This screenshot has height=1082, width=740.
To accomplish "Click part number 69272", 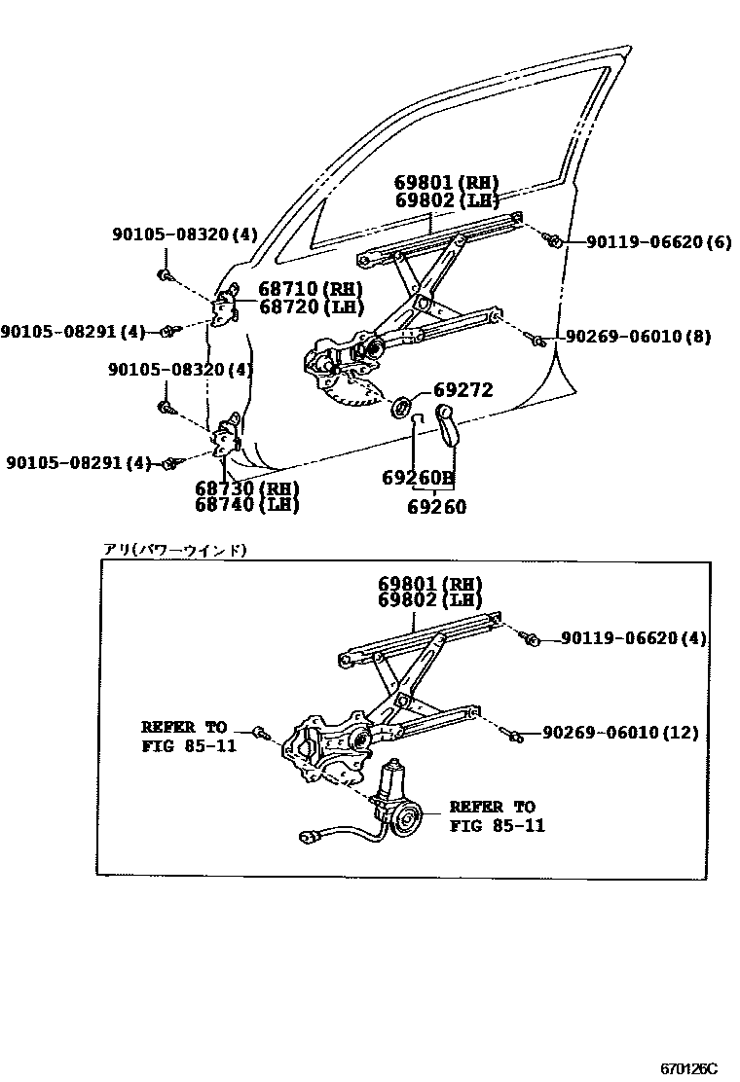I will [x=462, y=390].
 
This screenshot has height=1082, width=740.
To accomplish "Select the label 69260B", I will [x=418, y=478].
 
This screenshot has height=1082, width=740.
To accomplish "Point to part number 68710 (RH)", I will [x=311, y=289].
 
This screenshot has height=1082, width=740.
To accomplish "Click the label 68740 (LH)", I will [x=246, y=505].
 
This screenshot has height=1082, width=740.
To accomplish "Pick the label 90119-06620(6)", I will [x=658, y=241].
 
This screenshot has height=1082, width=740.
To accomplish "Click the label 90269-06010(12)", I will [x=620, y=732].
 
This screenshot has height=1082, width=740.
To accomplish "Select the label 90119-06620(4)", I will [x=634, y=638].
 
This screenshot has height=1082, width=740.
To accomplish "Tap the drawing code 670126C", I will [x=688, y=1068].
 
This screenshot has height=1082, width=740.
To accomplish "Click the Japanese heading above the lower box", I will [x=176, y=551].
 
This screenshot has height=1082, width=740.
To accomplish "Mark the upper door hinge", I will [x=228, y=307].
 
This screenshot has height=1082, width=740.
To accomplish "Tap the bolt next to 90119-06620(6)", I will [x=552, y=239].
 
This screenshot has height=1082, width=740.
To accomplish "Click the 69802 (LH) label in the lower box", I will [x=430, y=600].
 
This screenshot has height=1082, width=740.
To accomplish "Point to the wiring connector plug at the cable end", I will [x=309, y=834].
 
